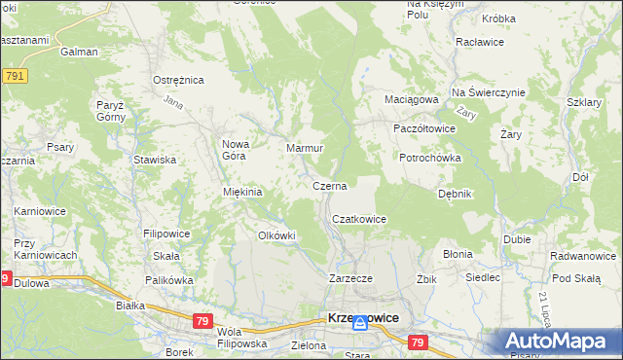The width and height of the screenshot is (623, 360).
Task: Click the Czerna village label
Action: tap(329, 185)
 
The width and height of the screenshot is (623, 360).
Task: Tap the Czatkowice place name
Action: tap(359, 220)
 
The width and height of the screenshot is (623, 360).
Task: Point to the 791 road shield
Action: tap(14, 76)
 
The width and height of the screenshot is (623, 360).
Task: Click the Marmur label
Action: tap(304, 148)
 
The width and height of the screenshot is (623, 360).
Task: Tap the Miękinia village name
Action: tap(242, 192)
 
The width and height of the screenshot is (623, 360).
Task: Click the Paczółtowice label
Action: tap(423, 128)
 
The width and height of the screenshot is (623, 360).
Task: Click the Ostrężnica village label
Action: tap(176, 80)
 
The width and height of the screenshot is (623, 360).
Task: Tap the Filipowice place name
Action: tap(165, 234)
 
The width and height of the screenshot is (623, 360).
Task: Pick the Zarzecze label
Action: tap(350, 278)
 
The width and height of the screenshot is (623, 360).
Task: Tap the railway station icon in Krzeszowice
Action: tap(359, 326)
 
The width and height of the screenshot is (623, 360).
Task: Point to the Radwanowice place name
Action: tap(582, 257)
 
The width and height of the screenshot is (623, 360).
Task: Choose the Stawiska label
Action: tap(155, 160)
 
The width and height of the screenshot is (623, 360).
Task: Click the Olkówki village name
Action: tap(275, 235)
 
